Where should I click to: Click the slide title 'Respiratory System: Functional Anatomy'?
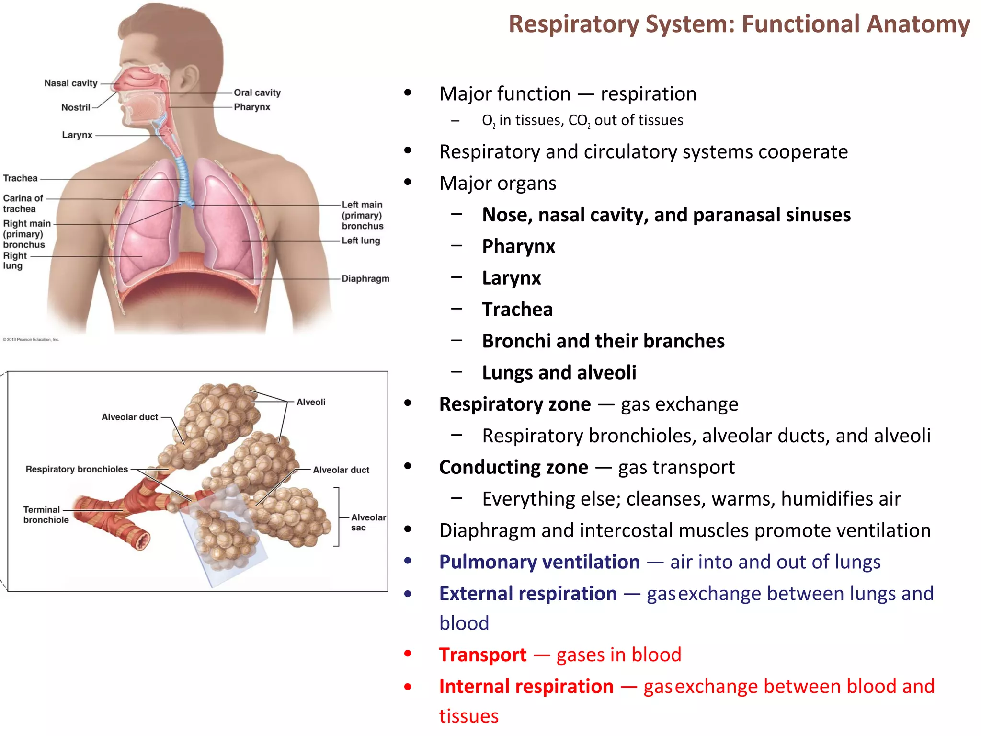click(739, 24)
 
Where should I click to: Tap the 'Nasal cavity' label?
click(71, 83)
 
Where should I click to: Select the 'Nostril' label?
click(76, 107)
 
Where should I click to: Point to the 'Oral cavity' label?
click(257, 92)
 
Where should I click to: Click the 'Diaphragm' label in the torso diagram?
click(365, 278)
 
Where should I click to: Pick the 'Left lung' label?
click(361, 241)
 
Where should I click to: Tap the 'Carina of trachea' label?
click(23, 203)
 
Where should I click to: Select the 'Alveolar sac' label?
click(367, 522)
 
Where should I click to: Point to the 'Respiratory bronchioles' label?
click(77, 469)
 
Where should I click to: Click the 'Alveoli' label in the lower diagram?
click(311, 402)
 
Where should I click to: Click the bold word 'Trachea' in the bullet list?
click(517, 310)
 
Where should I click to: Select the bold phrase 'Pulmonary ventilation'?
click(539, 562)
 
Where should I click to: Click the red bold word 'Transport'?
click(482, 655)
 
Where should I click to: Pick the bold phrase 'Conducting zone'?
click(513, 467)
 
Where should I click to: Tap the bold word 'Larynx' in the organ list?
click(512, 278)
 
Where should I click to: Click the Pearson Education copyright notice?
click(31, 340)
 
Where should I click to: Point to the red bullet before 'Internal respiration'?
click(408, 687)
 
